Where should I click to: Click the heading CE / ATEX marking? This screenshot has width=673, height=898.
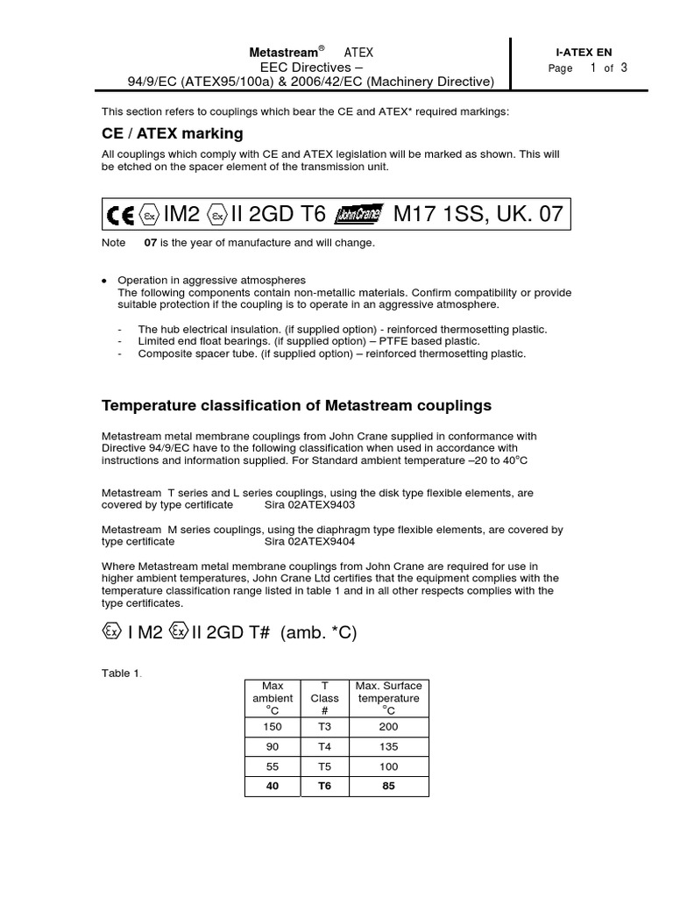point(173,133)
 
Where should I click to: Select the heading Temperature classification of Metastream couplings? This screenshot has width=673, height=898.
point(297,405)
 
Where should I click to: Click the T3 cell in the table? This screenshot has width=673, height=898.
point(324,726)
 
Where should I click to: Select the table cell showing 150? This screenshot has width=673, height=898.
point(273,726)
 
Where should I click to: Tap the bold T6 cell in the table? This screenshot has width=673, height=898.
point(324,786)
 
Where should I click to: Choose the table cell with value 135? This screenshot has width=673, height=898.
point(389,746)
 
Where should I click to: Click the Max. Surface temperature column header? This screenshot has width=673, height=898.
point(389,699)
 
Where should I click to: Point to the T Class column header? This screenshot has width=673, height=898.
point(324,699)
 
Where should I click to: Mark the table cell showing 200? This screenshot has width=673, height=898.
point(389,726)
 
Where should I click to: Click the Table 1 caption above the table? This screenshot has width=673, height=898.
point(122,673)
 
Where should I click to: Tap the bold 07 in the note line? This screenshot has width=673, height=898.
point(150,243)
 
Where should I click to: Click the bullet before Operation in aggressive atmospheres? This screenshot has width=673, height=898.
point(105,281)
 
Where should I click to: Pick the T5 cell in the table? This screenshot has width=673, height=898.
point(324,766)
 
